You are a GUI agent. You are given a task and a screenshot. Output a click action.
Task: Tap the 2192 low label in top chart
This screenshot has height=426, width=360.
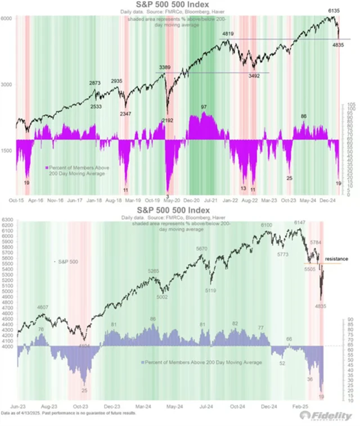(167, 120)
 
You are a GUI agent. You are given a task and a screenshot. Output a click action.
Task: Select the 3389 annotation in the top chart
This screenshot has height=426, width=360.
(165, 67)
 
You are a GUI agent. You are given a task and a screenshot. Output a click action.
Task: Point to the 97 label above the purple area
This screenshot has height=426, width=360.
(204, 107)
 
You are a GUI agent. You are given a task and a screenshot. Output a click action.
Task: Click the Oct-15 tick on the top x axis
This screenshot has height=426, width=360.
(19, 200)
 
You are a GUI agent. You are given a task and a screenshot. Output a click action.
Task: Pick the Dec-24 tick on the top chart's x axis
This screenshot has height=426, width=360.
(328, 200)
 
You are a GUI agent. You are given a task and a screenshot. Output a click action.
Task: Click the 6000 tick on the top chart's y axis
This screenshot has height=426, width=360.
(7, 19)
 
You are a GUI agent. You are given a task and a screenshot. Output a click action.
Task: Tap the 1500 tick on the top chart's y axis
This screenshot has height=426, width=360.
(7, 151)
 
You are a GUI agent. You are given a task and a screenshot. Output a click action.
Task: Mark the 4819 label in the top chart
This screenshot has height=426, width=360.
(228, 34)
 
